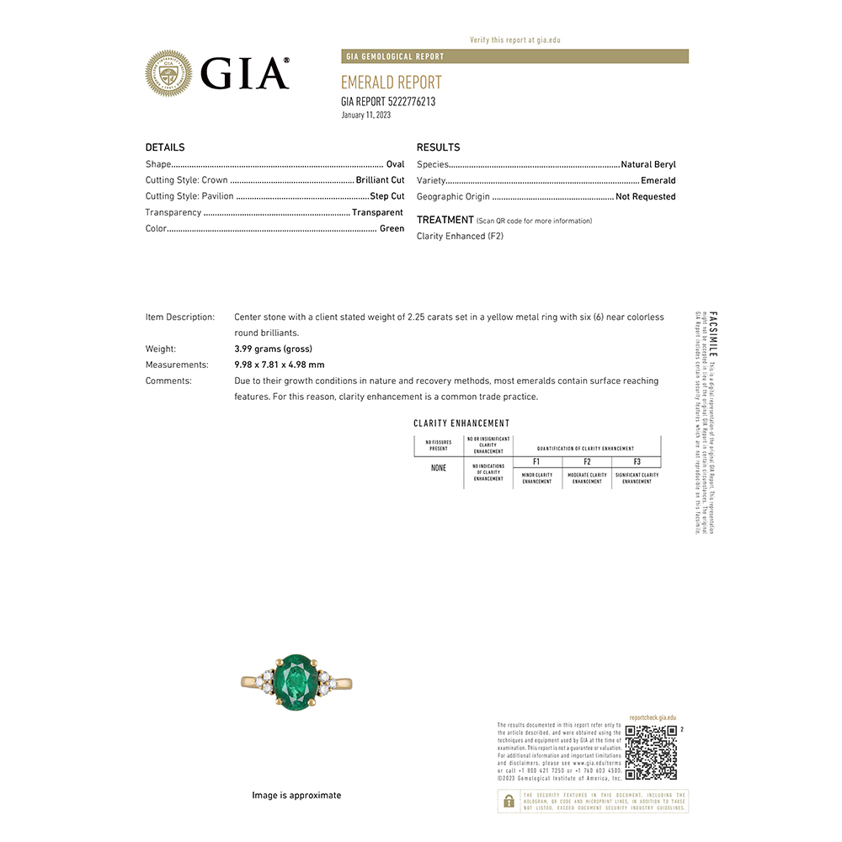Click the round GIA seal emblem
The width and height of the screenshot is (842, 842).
[169, 73]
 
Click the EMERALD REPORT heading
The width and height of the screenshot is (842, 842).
[391, 83]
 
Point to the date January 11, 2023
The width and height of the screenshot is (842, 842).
[365, 115]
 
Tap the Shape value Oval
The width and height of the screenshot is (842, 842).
[395, 164]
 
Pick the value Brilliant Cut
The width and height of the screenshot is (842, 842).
[380, 180]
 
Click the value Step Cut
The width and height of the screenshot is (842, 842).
[387, 196]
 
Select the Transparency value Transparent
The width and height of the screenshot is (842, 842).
[377, 212]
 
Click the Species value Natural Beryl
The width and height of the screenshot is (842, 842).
[648, 164]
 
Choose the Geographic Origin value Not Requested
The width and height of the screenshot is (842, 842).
[646, 196]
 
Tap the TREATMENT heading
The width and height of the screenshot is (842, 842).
[445, 220]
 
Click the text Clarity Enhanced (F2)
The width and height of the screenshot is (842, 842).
[460, 236]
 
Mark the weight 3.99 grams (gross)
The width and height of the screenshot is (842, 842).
[273, 349]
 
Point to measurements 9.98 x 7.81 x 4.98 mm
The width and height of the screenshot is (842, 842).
[279, 365]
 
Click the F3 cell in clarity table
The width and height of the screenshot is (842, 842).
[637, 462]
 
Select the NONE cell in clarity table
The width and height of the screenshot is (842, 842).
[439, 468]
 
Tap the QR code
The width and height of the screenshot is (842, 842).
[651, 751]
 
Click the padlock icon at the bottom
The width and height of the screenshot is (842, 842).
[509, 802]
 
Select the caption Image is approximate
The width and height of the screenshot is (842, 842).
[296, 795]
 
